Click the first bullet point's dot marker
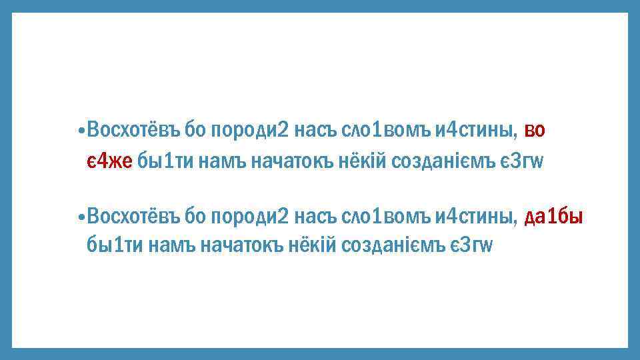pos(80,131)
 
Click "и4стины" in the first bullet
pos(475,130)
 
